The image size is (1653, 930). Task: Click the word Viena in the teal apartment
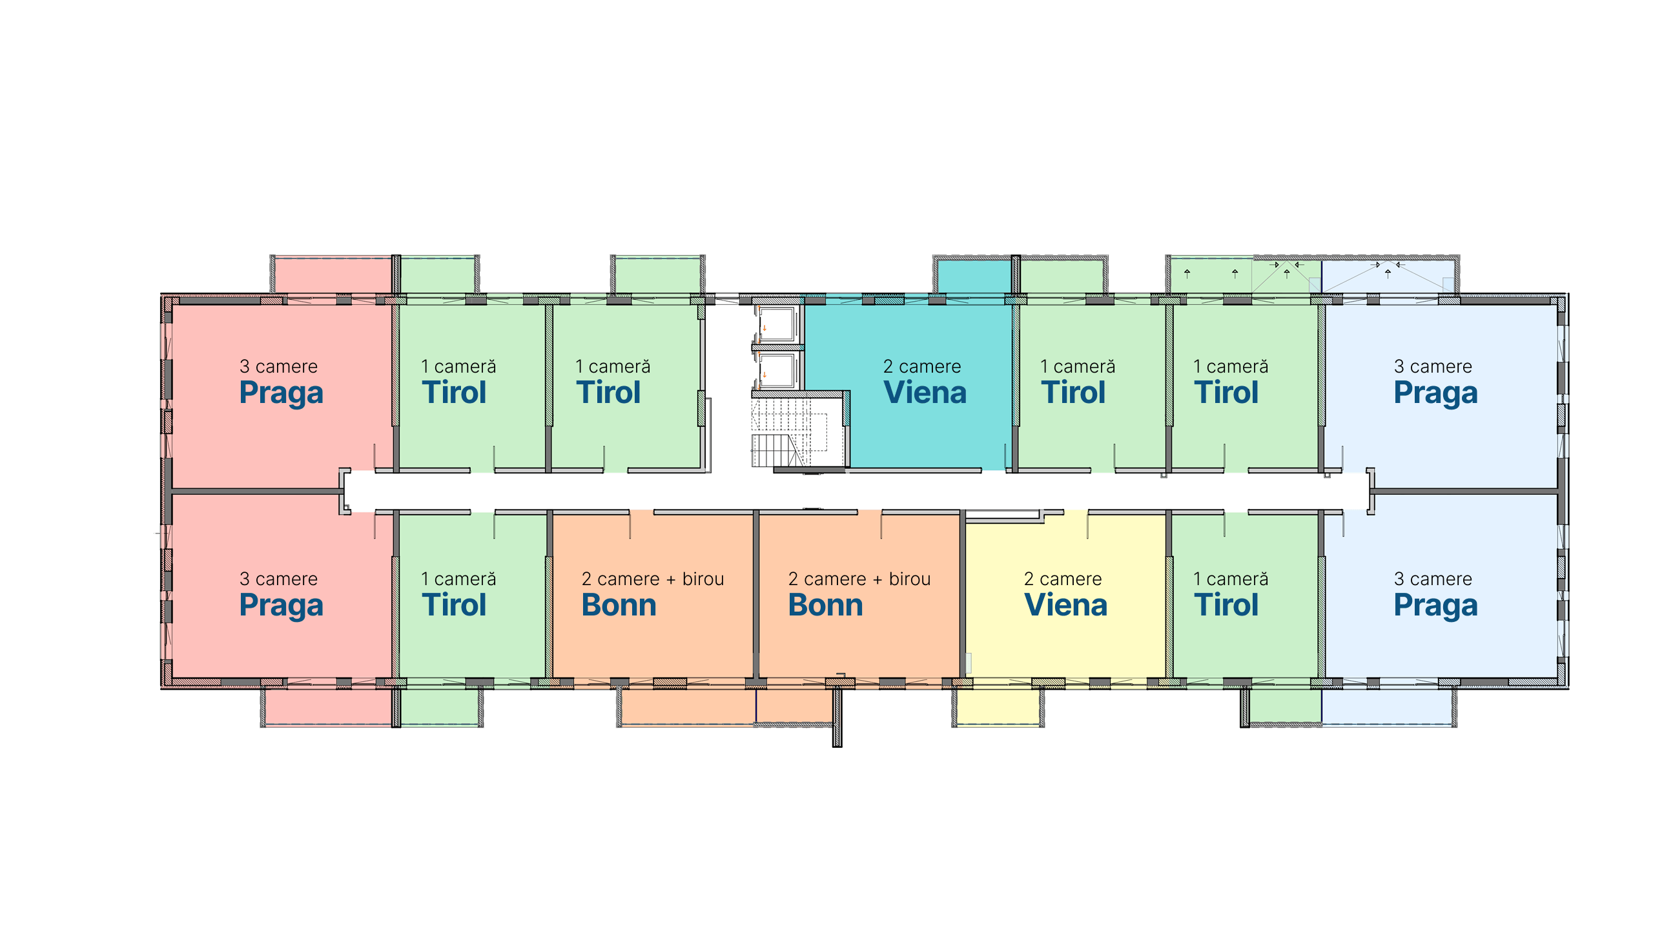pyautogui.click(x=925, y=393)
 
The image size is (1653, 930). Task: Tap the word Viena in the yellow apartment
pyautogui.click(x=1065, y=605)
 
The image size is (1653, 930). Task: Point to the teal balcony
pyautogui.click(x=974, y=276)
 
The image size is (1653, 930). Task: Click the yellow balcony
pyautogui.click(x=998, y=707)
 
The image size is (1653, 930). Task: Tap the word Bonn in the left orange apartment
pyautogui.click(x=619, y=605)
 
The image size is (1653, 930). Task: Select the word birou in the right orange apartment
pyautogui.click(x=910, y=579)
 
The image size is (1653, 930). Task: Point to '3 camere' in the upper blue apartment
pyautogui.click(x=1433, y=366)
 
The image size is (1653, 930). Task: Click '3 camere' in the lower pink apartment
pyautogui.click(x=278, y=579)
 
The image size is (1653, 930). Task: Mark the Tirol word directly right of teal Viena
pyautogui.click(x=1073, y=393)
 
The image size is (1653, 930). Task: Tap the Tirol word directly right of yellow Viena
pyautogui.click(x=1226, y=605)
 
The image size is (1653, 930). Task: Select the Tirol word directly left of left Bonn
pyautogui.click(x=454, y=605)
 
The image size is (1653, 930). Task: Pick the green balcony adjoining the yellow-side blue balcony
pyautogui.click(x=1285, y=705)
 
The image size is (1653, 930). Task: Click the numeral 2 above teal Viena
pyautogui.click(x=888, y=367)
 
